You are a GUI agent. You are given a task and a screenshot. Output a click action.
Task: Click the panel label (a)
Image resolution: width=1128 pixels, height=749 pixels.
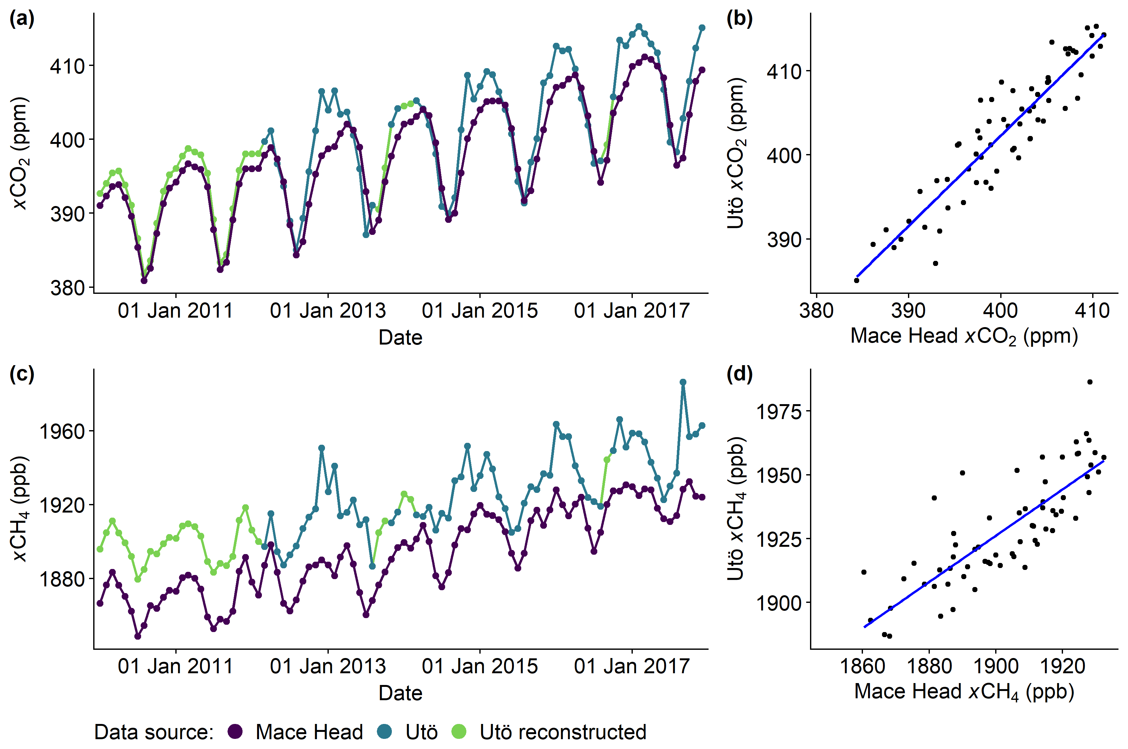tap(22, 19)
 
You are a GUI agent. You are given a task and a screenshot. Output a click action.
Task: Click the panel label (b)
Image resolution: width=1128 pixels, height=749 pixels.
tap(739, 19)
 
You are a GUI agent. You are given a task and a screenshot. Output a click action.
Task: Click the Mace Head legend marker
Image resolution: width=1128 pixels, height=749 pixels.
tap(235, 731)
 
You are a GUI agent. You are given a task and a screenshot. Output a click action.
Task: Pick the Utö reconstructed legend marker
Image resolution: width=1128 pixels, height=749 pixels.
tap(459, 731)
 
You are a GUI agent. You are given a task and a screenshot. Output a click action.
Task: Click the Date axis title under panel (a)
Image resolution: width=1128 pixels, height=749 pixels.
tap(400, 338)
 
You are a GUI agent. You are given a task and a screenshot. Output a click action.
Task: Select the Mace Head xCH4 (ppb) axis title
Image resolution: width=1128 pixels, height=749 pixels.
tap(964, 692)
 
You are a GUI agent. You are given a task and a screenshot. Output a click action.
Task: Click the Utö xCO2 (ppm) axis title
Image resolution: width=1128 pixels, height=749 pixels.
tap(736, 153)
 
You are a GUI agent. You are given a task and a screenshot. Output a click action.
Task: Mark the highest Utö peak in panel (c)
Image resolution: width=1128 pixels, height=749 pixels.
tap(683, 382)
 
